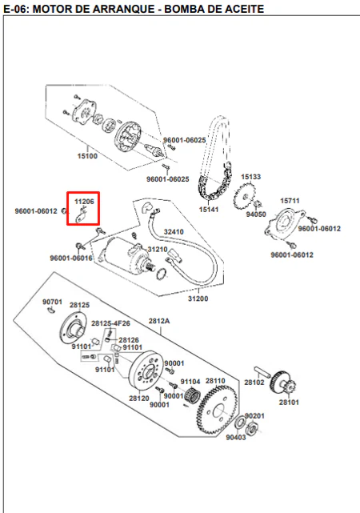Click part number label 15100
tap(87, 156)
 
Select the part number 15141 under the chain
tap(209, 209)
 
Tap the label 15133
tap(250, 177)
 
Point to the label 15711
tap(290, 201)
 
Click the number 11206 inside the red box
tap(84, 202)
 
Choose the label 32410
tap(174, 231)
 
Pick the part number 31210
tap(158, 250)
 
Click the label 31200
tap(198, 299)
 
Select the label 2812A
tap(159, 321)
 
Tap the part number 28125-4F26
tap(110, 323)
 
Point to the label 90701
tap(52, 302)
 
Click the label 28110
tap(215, 381)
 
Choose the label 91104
tap(190, 382)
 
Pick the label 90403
tap(236, 437)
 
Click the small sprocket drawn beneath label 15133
tap(243, 197)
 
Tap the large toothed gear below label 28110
tap(217, 411)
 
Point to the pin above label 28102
tap(262, 372)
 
